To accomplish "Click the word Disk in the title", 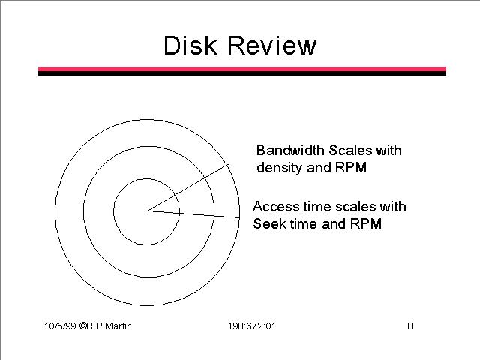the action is click(190, 46).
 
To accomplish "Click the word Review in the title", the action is click(271, 46).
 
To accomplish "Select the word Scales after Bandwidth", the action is click(350, 150).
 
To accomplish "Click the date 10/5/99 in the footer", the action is click(60, 325).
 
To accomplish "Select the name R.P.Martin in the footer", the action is click(109, 325).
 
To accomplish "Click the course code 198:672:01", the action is click(252, 325).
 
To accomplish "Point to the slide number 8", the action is click(410, 325).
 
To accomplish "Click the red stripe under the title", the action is click(242, 69).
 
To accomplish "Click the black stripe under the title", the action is click(242, 73).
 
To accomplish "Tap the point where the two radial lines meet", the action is click(147, 211).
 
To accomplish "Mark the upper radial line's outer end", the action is click(229, 164).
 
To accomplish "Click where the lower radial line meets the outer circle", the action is click(239, 218).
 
